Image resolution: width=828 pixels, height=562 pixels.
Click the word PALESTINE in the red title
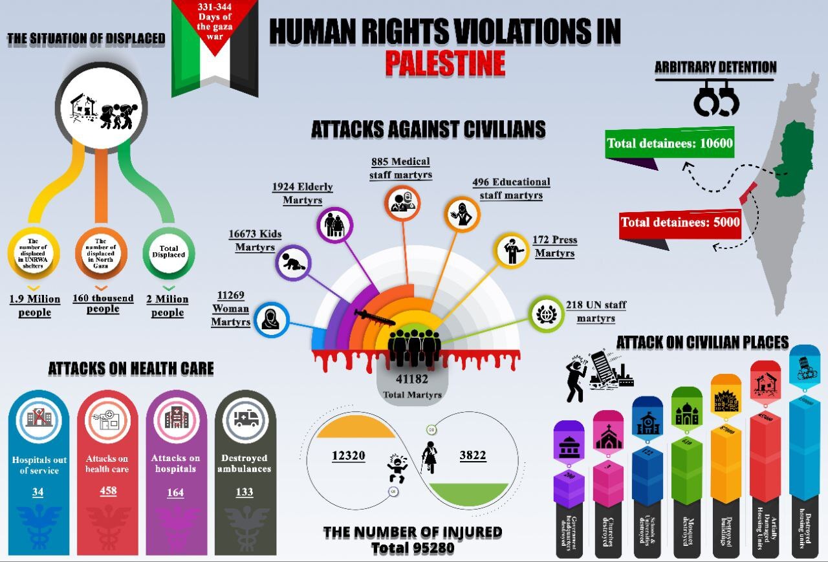pyautogui.click(x=445, y=63)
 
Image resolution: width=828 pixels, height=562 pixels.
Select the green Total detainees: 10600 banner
pyautogui.click(x=670, y=143)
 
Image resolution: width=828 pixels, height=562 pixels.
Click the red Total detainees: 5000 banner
pyautogui.click(x=680, y=222)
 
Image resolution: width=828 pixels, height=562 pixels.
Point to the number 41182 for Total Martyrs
pyautogui.click(x=412, y=380)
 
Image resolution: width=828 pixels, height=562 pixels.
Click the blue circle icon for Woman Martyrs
pyautogui.click(x=271, y=319)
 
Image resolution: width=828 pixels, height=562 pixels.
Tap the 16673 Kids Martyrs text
pyautogui.click(x=254, y=240)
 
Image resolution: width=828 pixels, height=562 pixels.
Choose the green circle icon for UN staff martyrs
pyautogui.click(x=547, y=313)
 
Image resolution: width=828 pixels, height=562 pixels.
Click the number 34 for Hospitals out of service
pyautogui.click(x=38, y=492)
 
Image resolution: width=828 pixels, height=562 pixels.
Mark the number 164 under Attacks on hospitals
pyautogui.click(x=175, y=492)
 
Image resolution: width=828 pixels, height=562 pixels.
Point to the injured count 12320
pyautogui.click(x=349, y=456)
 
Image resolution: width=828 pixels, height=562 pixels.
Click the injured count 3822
pyautogui.click(x=472, y=456)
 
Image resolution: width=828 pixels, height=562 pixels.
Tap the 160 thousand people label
pyautogui.click(x=103, y=303)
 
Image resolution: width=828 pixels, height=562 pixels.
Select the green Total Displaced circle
pyautogui.click(x=168, y=251)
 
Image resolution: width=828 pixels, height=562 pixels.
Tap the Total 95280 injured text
pyautogui.click(x=413, y=548)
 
